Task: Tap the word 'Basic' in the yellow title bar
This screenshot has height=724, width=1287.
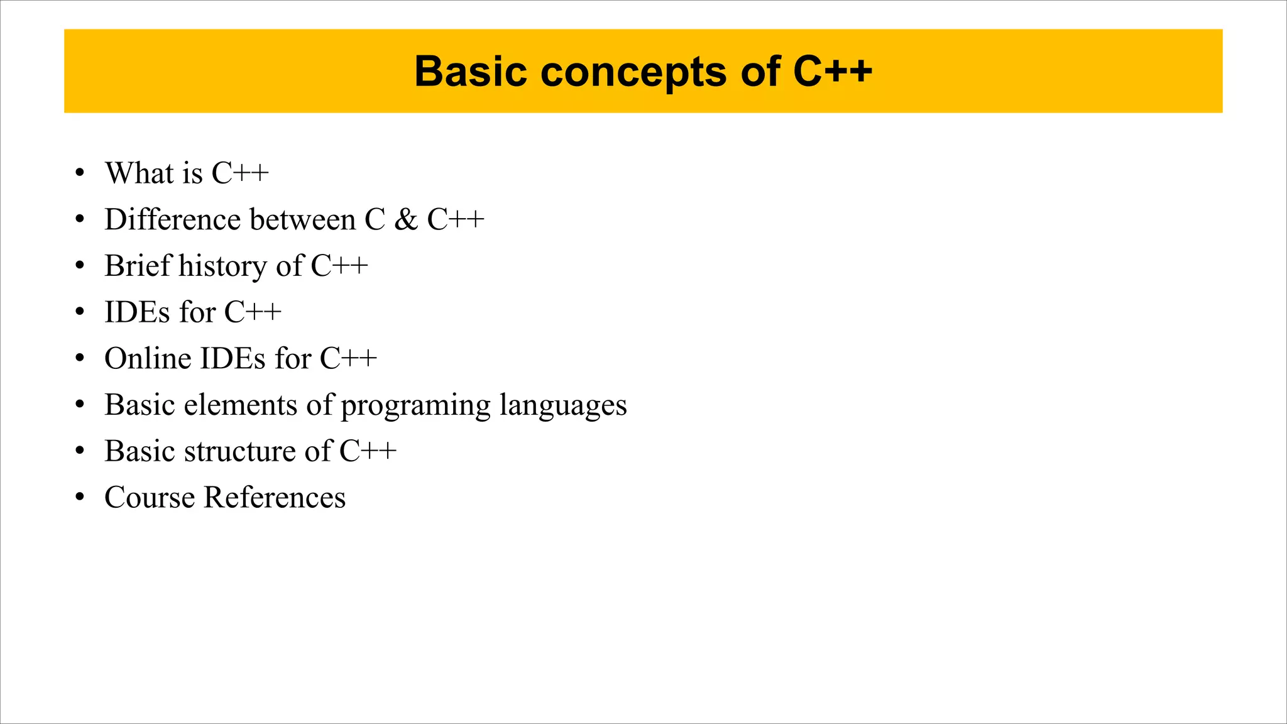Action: (x=470, y=72)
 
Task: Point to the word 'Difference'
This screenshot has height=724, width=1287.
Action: (x=173, y=219)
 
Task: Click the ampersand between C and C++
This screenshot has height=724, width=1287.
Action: (x=406, y=219)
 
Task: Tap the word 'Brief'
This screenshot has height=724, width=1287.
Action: (x=138, y=266)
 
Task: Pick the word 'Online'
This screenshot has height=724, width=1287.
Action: (x=148, y=358)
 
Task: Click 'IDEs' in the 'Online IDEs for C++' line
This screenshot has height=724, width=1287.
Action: (x=233, y=358)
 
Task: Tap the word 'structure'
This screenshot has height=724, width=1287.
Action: (x=240, y=451)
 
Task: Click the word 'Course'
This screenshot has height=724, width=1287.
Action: (x=150, y=498)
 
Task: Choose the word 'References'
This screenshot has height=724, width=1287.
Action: (x=275, y=498)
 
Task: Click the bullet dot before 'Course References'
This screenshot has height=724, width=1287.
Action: (x=79, y=498)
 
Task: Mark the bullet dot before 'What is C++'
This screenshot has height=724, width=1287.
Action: (x=79, y=173)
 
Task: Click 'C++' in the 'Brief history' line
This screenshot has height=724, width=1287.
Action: (x=339, y=266)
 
